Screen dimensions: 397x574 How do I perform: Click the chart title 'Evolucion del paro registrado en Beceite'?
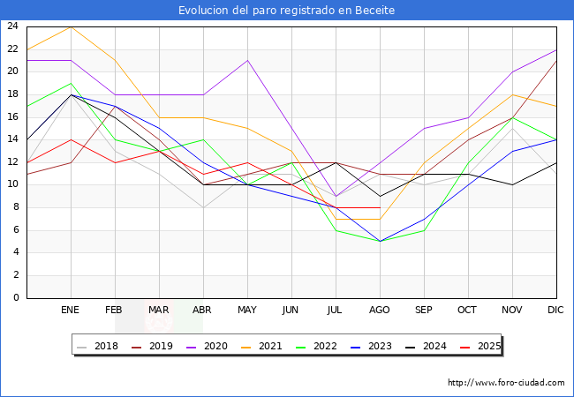(287, 11)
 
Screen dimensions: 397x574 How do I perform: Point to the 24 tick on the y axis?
(12, 26)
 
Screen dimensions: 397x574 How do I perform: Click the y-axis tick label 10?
(12, 184)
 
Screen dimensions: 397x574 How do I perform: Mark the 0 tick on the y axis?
(16, 298)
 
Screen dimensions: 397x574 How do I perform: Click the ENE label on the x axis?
(71, 311)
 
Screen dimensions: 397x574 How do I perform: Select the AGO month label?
(380, 311)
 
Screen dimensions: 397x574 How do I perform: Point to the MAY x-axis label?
(247, 311)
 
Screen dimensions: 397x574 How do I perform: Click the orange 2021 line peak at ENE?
(71, 26)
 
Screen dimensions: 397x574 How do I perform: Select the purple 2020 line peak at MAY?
(247, 60)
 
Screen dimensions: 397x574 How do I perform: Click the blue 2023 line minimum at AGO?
(380, 241)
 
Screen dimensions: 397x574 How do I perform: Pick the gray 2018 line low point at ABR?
(203, 207)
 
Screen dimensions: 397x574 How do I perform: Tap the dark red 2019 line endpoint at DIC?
(556, 60)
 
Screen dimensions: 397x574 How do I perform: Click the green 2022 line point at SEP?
(424, 230)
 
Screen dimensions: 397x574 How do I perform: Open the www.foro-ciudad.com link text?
(506, 383)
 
